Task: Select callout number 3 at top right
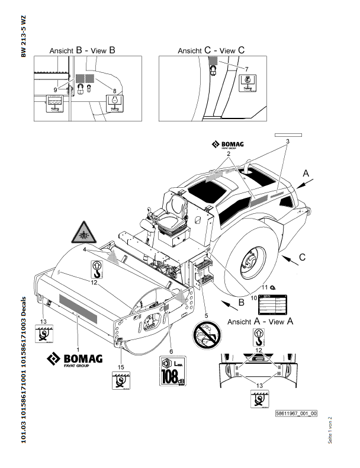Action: pos(287,142)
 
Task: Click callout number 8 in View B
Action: pos(113,89)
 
